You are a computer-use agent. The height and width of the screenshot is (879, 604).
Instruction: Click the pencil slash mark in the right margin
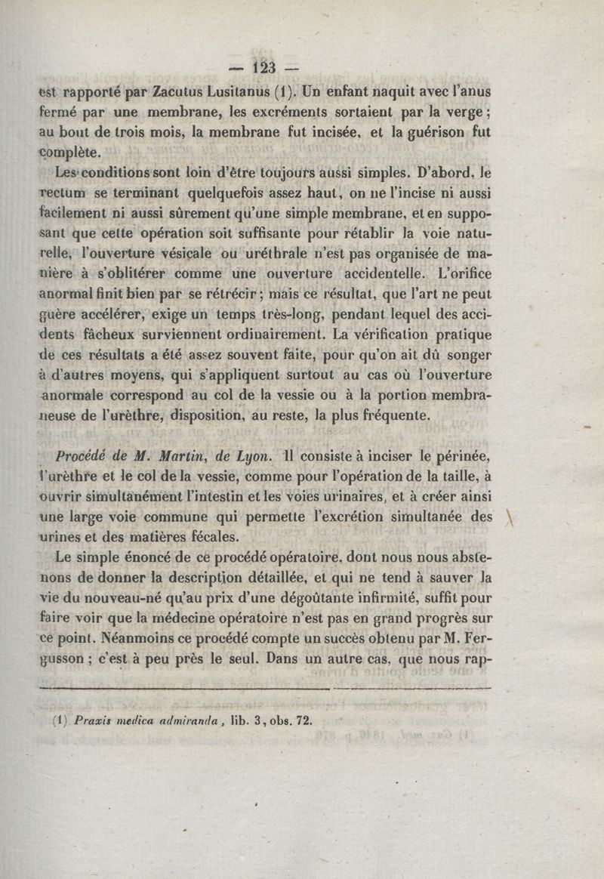510,521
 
